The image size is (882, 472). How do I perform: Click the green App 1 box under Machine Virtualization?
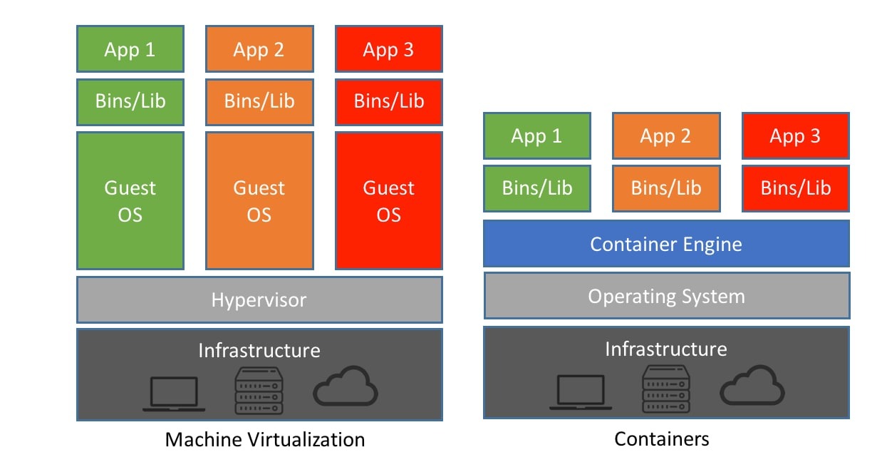coord(130,49)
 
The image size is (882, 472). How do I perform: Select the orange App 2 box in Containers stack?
coord(665,136)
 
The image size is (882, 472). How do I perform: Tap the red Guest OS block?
coord(388,200)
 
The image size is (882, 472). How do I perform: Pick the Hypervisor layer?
coord(259,299)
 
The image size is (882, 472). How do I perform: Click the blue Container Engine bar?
coord(666,244)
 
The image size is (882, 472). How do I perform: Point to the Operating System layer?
coord(666,296)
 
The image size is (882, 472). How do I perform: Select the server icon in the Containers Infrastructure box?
coord(666,389)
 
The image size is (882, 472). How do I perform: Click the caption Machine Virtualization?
coord(265,439)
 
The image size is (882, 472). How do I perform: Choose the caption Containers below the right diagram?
coord(662,439)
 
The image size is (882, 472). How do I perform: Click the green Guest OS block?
coord(130,200)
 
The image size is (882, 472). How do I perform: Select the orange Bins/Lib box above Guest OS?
coord(259,101)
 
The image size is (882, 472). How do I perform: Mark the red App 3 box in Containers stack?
coord(795,136)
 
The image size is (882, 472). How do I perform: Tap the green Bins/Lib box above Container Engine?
coord(536,188)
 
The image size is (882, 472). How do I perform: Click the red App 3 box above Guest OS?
coord(388,49)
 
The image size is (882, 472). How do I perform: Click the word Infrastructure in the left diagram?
coord(259,350)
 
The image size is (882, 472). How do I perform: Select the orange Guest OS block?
coord(259,200)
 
